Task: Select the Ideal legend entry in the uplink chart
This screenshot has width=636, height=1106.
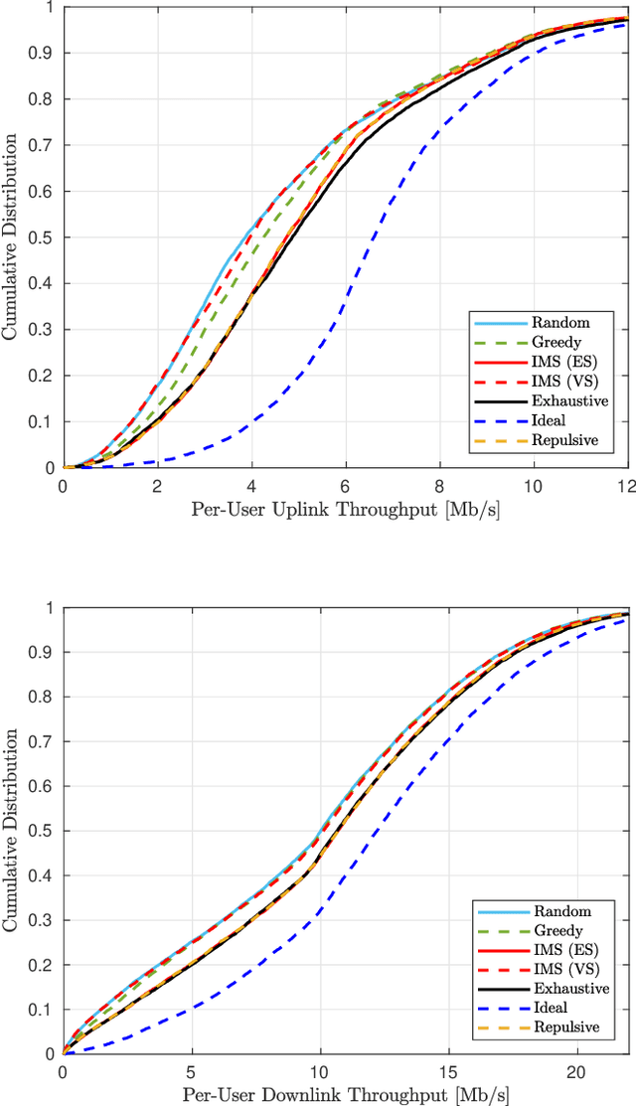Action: click(x=562, y=420)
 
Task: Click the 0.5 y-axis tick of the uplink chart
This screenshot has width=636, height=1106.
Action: click(x=44, y=237)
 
